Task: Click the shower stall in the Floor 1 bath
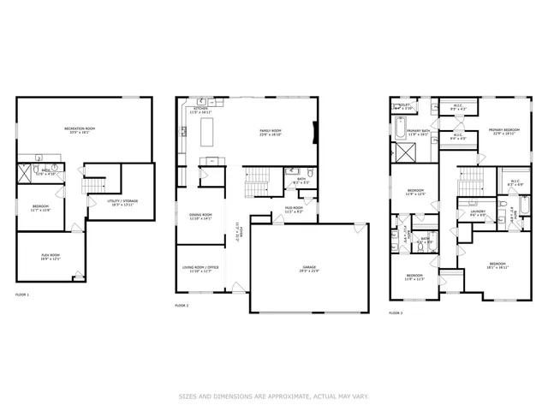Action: click(25, 174)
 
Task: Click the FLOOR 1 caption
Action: click(22, 295)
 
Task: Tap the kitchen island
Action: click(205, 133)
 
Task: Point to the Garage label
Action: click(308, 268)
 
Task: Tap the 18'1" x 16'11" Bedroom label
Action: click(497, 265)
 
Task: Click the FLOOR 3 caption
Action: click(396, 313)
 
